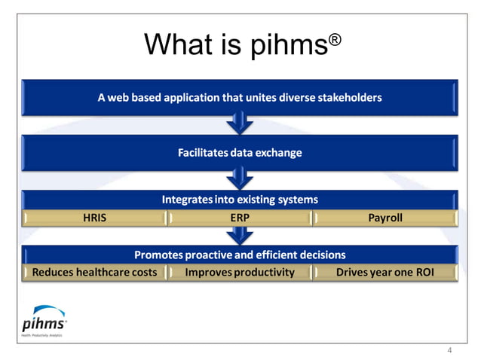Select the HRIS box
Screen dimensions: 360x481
tap(95, 218)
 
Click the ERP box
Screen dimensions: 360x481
tap(240, 218)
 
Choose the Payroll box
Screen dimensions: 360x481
tap(384, 218)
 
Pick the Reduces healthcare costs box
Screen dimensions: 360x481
tap(95, 272)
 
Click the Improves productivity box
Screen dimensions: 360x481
tap(240, 272)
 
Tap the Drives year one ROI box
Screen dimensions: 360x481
tap(384, 272)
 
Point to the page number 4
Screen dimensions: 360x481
tap(450, 349)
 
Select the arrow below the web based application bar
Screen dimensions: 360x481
tap(240, 122)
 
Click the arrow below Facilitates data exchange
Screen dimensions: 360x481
tap(240, 178)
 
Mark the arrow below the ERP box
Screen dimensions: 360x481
tap(240, 235)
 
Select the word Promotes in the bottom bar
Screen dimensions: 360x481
tap(158, 255)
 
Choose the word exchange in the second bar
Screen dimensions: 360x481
tap(279, 153)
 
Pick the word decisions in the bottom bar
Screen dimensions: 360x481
tap(323, 255)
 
